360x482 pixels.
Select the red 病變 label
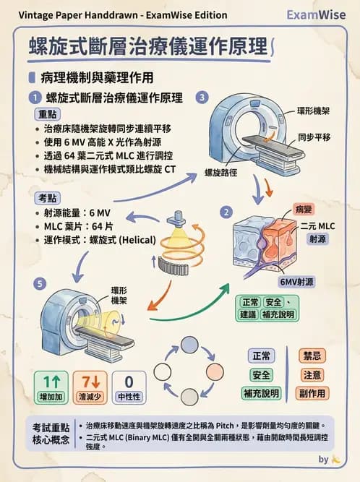pyautogui.click(x=304, y=210)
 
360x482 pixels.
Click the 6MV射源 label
pyautogui.click(x=296, y=283)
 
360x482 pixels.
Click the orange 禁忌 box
pyautogui.click(x=312, y=356)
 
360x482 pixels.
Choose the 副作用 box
pyautogui.click(x=312, y=393)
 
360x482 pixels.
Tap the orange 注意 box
pyautogui.click(x=312, y=375)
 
